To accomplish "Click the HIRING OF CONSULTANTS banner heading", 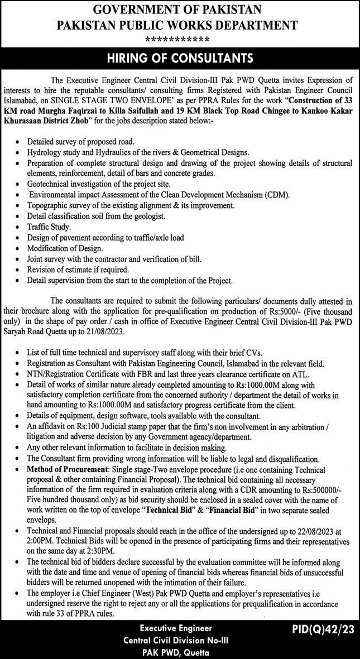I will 180,59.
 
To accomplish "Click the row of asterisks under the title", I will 177,40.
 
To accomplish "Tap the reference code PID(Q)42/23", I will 322,629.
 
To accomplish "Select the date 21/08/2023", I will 108,331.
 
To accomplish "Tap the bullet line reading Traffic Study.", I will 49,227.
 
